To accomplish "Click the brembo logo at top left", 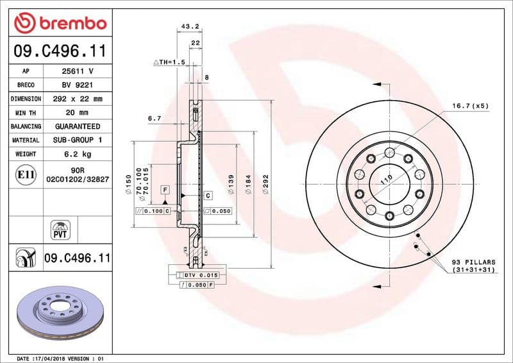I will click(60, 23).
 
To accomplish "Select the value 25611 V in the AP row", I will click(78, 71).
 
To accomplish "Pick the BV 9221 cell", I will click(78, 85).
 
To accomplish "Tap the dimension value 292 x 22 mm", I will click(78, 99).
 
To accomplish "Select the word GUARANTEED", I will click(78, 126).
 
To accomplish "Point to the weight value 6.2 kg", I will click(78, 154).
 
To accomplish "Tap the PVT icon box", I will click(60, 229).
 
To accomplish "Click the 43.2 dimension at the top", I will click(189, 27).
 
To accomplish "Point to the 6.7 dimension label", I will click(154, 119).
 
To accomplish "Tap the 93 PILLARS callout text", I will click(473, 266).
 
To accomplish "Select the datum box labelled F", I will click(165, 190).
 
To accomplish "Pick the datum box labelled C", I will click(208, 194).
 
